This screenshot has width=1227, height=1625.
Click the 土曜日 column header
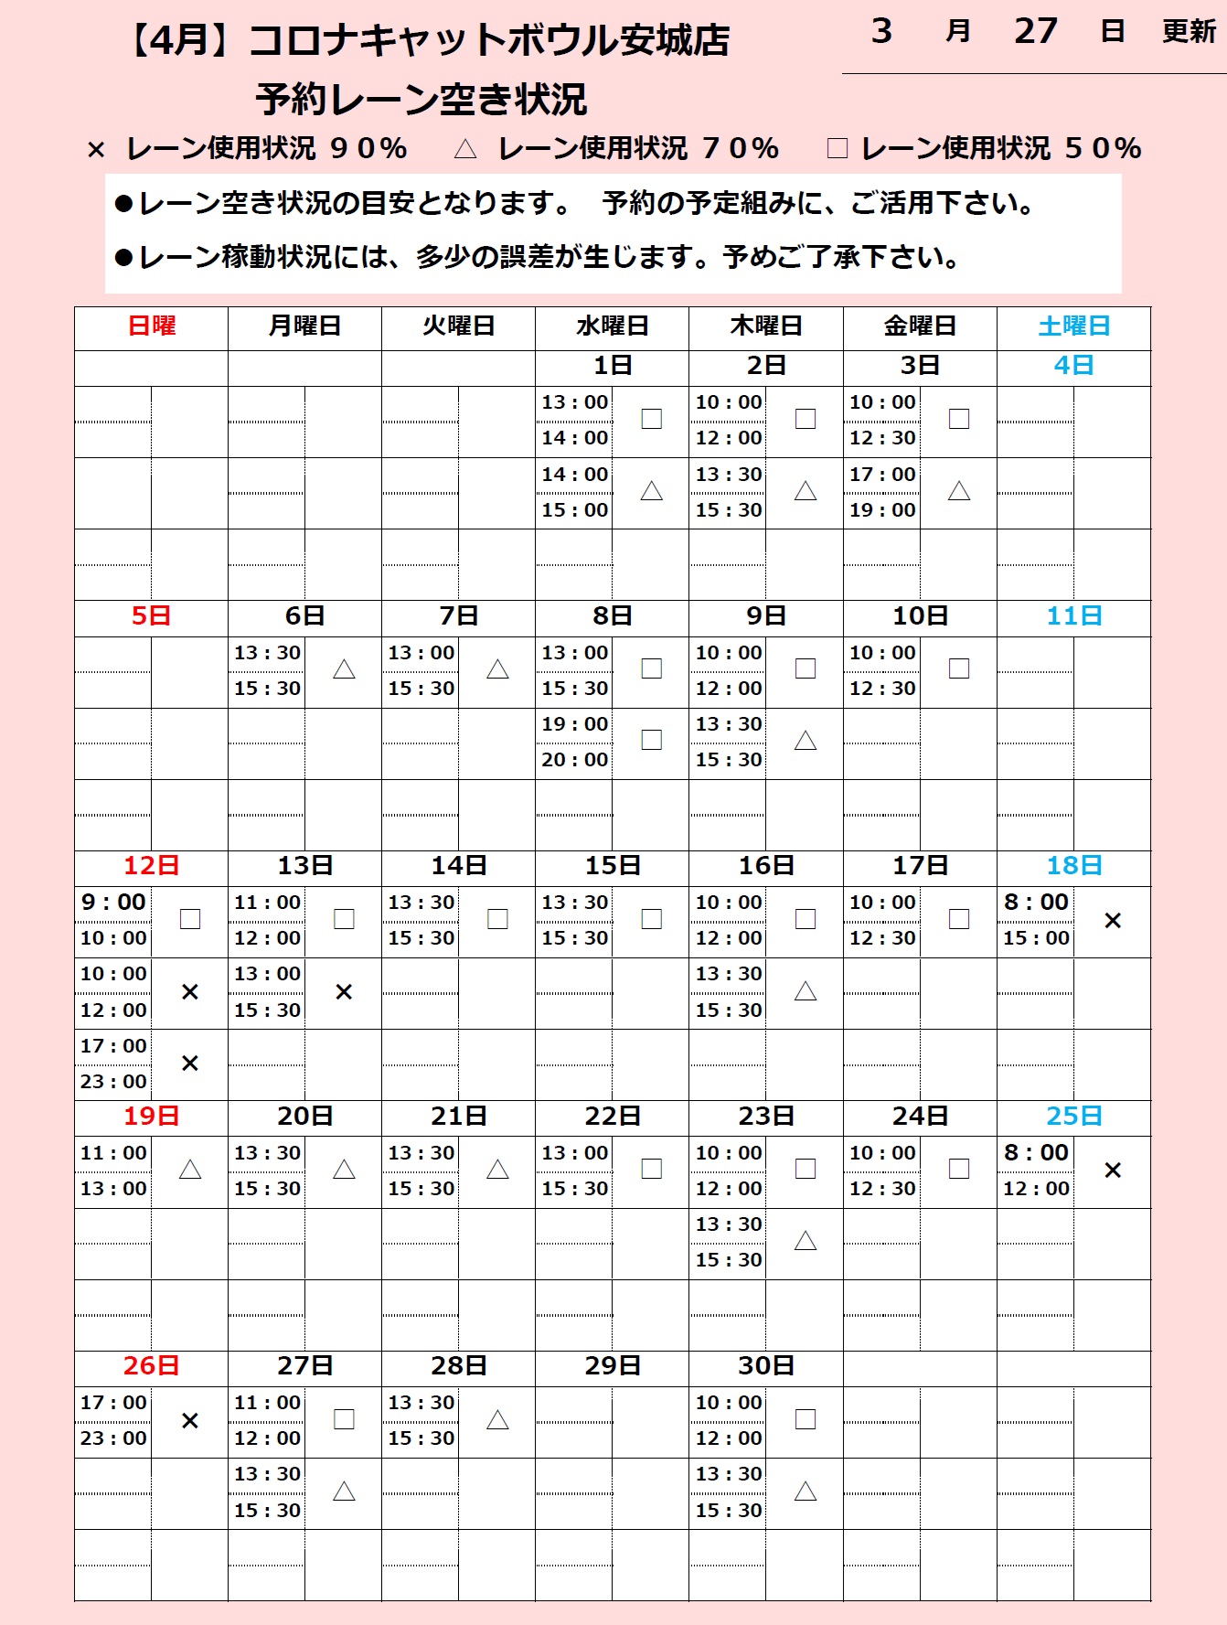[x=1073, y=326]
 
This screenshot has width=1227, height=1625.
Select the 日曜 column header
[x=151, y=326]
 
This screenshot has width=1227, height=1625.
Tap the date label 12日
[x=151, y=866]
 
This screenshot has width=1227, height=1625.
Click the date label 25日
[x=1073, y=1117]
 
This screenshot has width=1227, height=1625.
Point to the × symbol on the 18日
[x=1113, y=921]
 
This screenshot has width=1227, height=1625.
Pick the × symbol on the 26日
[x=190, y=1420]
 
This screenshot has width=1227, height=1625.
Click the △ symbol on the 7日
[x=497, y=669]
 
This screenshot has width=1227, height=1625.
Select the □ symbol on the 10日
[x=959, y=668]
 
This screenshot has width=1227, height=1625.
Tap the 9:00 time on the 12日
[x=113, y=903]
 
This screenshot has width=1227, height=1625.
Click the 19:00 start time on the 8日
[x=574, y=724]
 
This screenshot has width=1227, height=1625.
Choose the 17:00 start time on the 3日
[x=882, y=475]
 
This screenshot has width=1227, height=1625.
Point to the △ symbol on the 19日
[x=190, y=1170]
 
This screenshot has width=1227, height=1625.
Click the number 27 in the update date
[x=1035, y=32]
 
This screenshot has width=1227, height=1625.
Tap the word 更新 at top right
[x=1189, y=32]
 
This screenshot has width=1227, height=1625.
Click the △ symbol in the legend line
[x=465, y=149]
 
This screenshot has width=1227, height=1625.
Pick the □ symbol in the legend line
[x=837, y=149]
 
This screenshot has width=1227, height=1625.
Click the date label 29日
[x=612, y=1366]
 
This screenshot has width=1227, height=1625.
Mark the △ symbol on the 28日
[x=497, y=1420]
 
